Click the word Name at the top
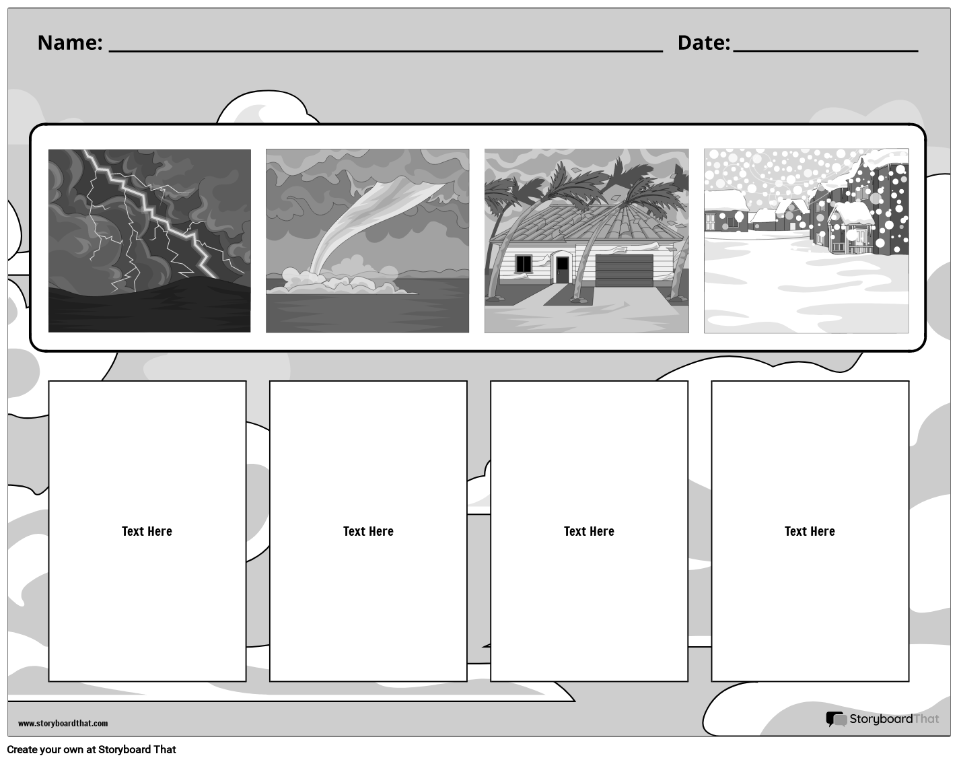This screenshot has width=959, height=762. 69,42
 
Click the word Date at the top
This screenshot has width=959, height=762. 703,42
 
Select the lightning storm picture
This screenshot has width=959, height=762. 149,240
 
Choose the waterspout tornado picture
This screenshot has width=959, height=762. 367,240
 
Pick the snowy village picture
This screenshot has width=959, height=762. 806,240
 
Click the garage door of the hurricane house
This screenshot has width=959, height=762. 624,270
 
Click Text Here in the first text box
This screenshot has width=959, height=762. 147,531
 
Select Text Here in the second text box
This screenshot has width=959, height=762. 368,531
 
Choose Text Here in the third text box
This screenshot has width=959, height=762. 589,531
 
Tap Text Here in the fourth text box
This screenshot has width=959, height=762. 810,531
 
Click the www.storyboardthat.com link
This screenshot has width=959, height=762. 63,723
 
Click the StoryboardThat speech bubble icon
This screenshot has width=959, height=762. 836,719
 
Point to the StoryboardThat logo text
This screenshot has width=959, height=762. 893,719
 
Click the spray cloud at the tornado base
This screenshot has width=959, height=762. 336,281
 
